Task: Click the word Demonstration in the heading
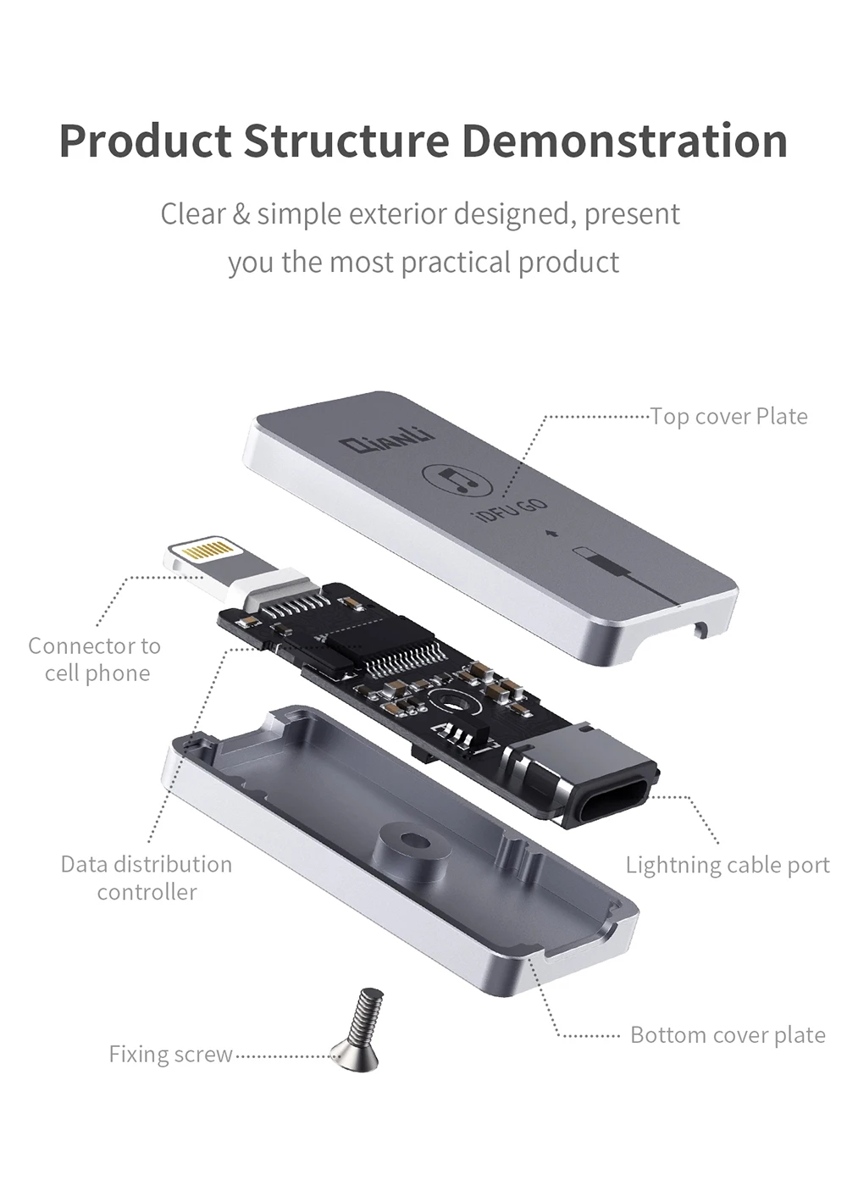pyautogui.click(x=625, y=141)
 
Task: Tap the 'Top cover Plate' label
pyautogui.click(x=728, y=416)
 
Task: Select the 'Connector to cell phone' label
pyautogui.click(x=95, y=659)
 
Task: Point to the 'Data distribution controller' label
pyautogui.click(x=146, y=878)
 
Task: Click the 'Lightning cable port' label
pyautogui.click(x=728, y=865)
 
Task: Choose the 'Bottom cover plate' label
pyautogui.click(x=728, y=1034)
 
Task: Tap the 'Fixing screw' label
pyautogui.click(x=170, y=1054)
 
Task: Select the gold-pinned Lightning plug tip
pyautogui.click(x=203, y=555)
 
